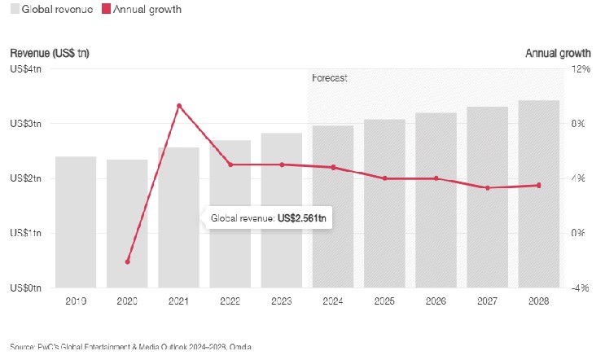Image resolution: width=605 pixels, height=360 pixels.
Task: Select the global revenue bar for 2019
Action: pos(76,222)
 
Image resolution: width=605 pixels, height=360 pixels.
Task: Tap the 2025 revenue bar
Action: pos(384,204)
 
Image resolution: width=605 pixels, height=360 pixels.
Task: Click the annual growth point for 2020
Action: pos(128,261)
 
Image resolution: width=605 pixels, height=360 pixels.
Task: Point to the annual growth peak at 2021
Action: pos(179,106)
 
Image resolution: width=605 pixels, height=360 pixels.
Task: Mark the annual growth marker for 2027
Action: pos(488,188)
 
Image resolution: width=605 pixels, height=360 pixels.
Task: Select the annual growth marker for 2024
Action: pos(333,168)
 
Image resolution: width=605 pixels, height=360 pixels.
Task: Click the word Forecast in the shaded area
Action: pos(330,78)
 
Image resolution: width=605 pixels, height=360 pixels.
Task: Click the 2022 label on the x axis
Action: pos(230,301)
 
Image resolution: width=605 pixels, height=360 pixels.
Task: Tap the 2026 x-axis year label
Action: pos(436,301)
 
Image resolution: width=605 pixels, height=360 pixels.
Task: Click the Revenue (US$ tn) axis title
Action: pos(50,53)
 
